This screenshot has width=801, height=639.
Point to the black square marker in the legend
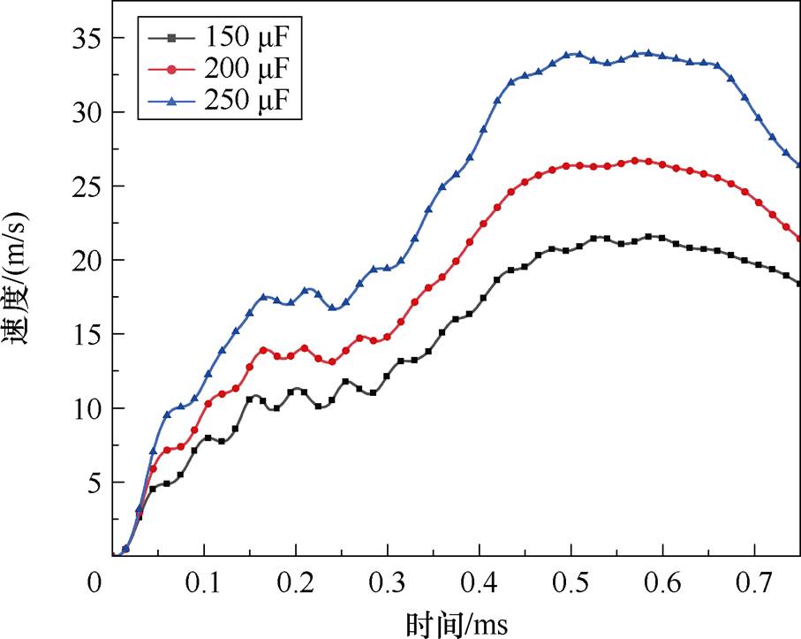[173, 38]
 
